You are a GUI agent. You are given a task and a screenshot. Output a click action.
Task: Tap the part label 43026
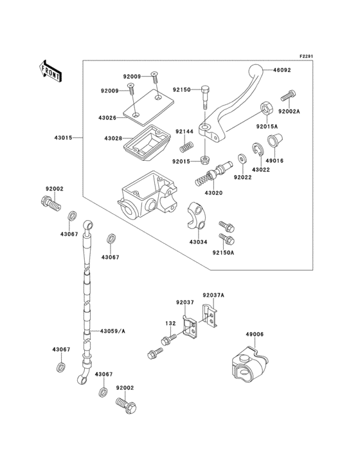[x=107, y=118]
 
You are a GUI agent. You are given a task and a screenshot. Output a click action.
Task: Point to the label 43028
[x=113, y=138]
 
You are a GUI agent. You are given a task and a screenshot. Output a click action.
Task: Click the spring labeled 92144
[x=186, y=143]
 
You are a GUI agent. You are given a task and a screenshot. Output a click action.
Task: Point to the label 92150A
[x=223, y=253]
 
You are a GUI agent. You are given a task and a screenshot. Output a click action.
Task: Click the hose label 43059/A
[x=112, y=331]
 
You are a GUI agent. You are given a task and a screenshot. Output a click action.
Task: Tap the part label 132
[x=170, y=324]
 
